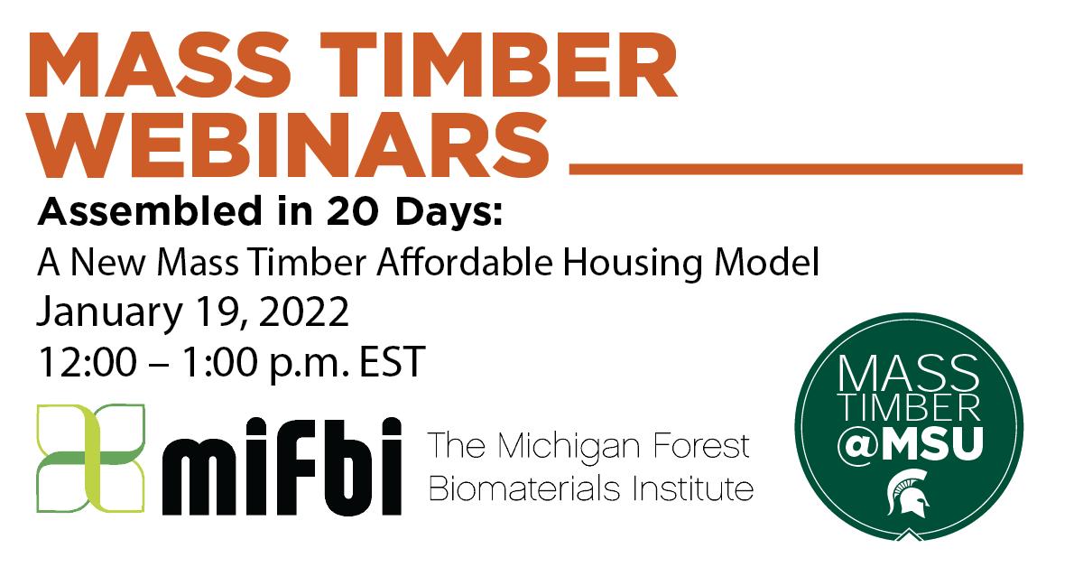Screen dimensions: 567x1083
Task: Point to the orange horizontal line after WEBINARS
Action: [796, 168]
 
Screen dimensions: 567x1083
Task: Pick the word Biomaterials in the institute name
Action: [511, 489]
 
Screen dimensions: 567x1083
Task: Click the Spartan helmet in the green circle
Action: [907, 493]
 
